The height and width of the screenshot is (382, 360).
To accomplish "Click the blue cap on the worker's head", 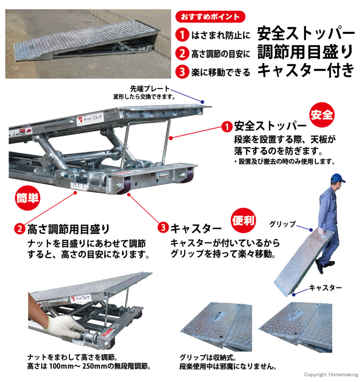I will coord(337,178).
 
